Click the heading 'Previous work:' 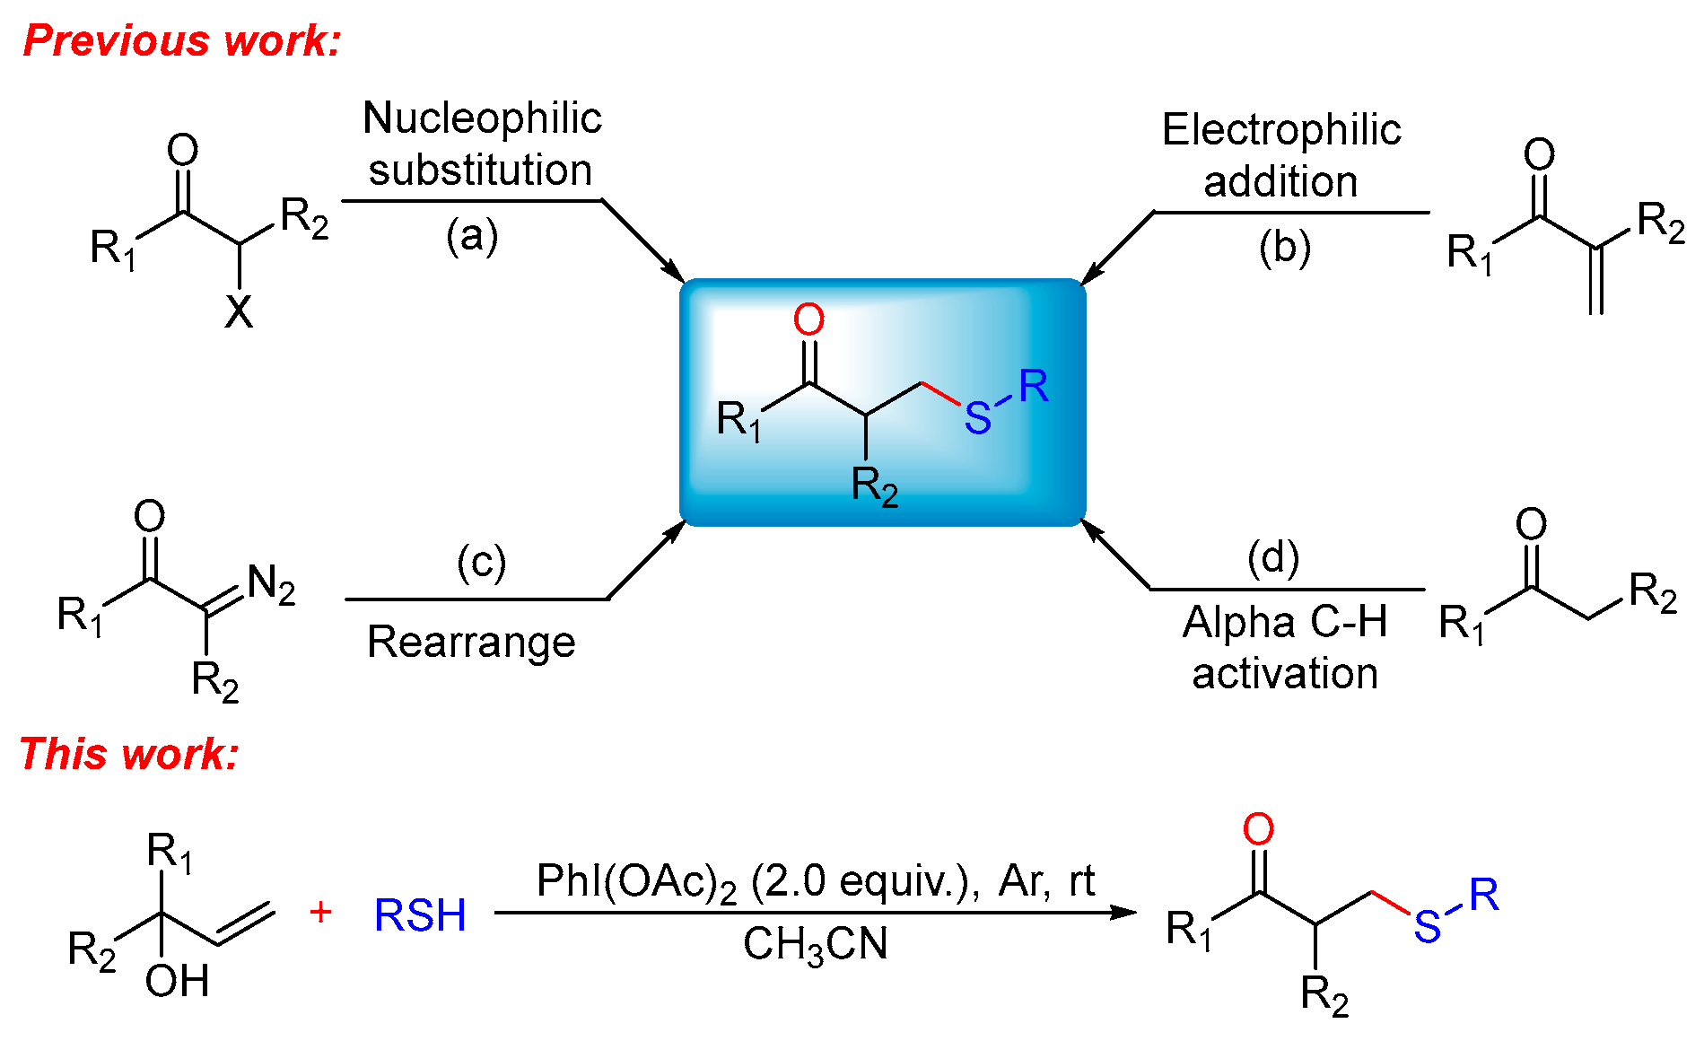(182, 40)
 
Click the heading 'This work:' (129, 753)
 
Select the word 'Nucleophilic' (482, 118)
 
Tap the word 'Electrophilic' (1280, 129)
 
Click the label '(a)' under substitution (472, 236)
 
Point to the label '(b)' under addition (1284, 248)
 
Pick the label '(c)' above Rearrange (481, 563)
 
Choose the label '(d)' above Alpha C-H (1272, 557)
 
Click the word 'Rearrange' (471, 642)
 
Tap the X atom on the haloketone (239, 312)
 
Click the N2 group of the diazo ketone (271, 584)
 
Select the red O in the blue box (808, 319)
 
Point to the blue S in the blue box (977, 418)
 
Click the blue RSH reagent (420, 915)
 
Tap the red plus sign (320, 912)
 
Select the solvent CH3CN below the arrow (815, 945)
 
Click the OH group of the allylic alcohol (177, 981)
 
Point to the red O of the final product (1258, 829)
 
